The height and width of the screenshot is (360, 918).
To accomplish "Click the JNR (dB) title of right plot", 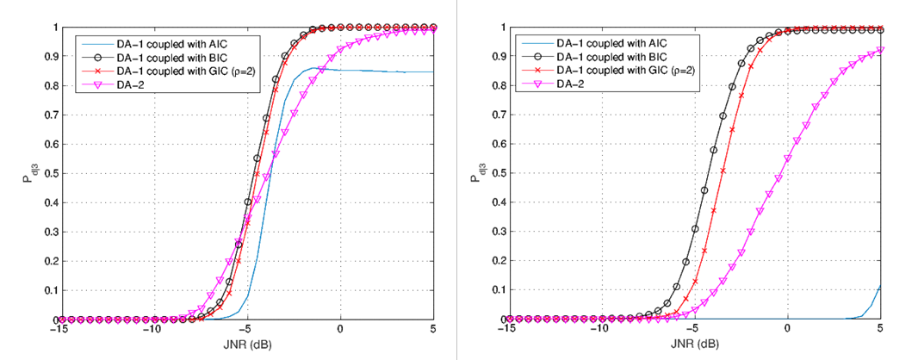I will click(694, 344).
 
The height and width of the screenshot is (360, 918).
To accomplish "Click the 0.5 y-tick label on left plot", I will click(49, 173).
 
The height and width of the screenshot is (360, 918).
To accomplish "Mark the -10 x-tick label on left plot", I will click(151, 331).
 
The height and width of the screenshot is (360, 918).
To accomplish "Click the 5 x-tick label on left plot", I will click(433, 331).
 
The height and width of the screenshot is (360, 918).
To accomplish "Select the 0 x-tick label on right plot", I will click(787, 331).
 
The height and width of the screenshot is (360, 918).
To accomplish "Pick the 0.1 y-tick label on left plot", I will click(49, 290).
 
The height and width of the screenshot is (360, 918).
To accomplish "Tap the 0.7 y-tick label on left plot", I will click(49, 115).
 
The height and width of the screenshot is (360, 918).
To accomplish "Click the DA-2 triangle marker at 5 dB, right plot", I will click(880, 49).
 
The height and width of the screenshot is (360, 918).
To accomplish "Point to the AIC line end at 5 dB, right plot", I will click(880, 286).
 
